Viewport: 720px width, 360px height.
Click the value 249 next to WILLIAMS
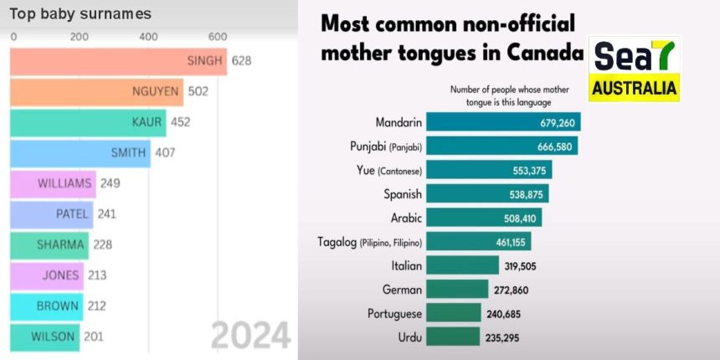111,183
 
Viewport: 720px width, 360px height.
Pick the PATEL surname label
72,213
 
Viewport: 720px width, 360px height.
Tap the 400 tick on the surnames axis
148,37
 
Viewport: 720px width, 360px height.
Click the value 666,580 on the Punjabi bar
553,147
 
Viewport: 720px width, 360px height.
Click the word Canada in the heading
545,52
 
